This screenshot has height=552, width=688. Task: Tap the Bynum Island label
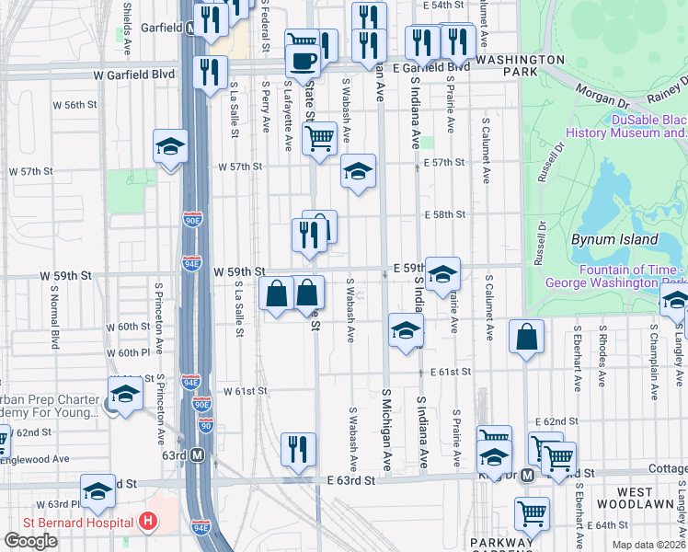614,239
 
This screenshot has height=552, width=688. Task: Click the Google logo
30,541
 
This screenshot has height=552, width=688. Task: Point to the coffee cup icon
302,62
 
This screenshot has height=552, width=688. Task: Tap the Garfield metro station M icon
190,29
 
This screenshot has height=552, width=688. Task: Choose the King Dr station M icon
527,476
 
